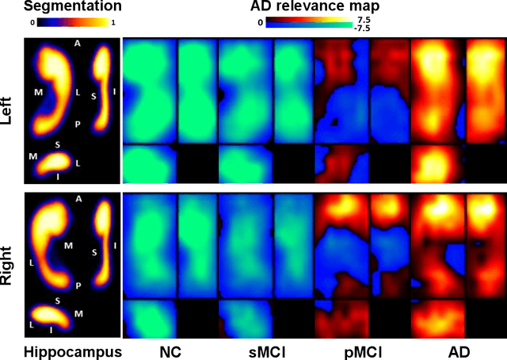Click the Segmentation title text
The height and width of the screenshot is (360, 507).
coord(66,6)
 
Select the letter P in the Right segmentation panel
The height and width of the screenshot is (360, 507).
coord(77,284)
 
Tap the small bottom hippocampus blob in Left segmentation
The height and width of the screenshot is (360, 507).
coord(56,163)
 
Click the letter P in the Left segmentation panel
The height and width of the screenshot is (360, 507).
coord(78,125)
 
